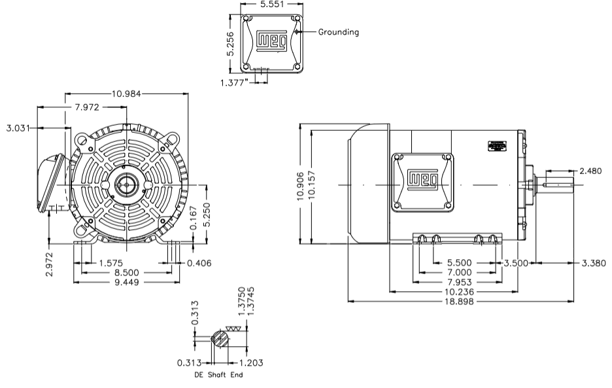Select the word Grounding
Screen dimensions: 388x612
point(338,31)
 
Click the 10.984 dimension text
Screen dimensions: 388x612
point(126,94)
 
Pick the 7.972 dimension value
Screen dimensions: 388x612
point(91,107)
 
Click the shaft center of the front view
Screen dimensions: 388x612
point(124,185)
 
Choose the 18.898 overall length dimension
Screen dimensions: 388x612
point(462,302)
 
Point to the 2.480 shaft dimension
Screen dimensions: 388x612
point(591,171)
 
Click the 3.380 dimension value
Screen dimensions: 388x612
point(594,263)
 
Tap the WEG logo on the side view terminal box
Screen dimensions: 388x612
point(423,178)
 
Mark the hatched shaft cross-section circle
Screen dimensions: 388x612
point(220,340)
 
